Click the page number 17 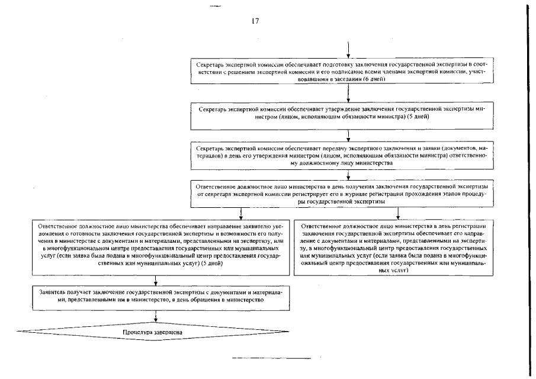point(255,22)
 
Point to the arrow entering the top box point(348,51)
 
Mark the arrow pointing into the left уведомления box point(241,214)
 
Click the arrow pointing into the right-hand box point(397,214)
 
